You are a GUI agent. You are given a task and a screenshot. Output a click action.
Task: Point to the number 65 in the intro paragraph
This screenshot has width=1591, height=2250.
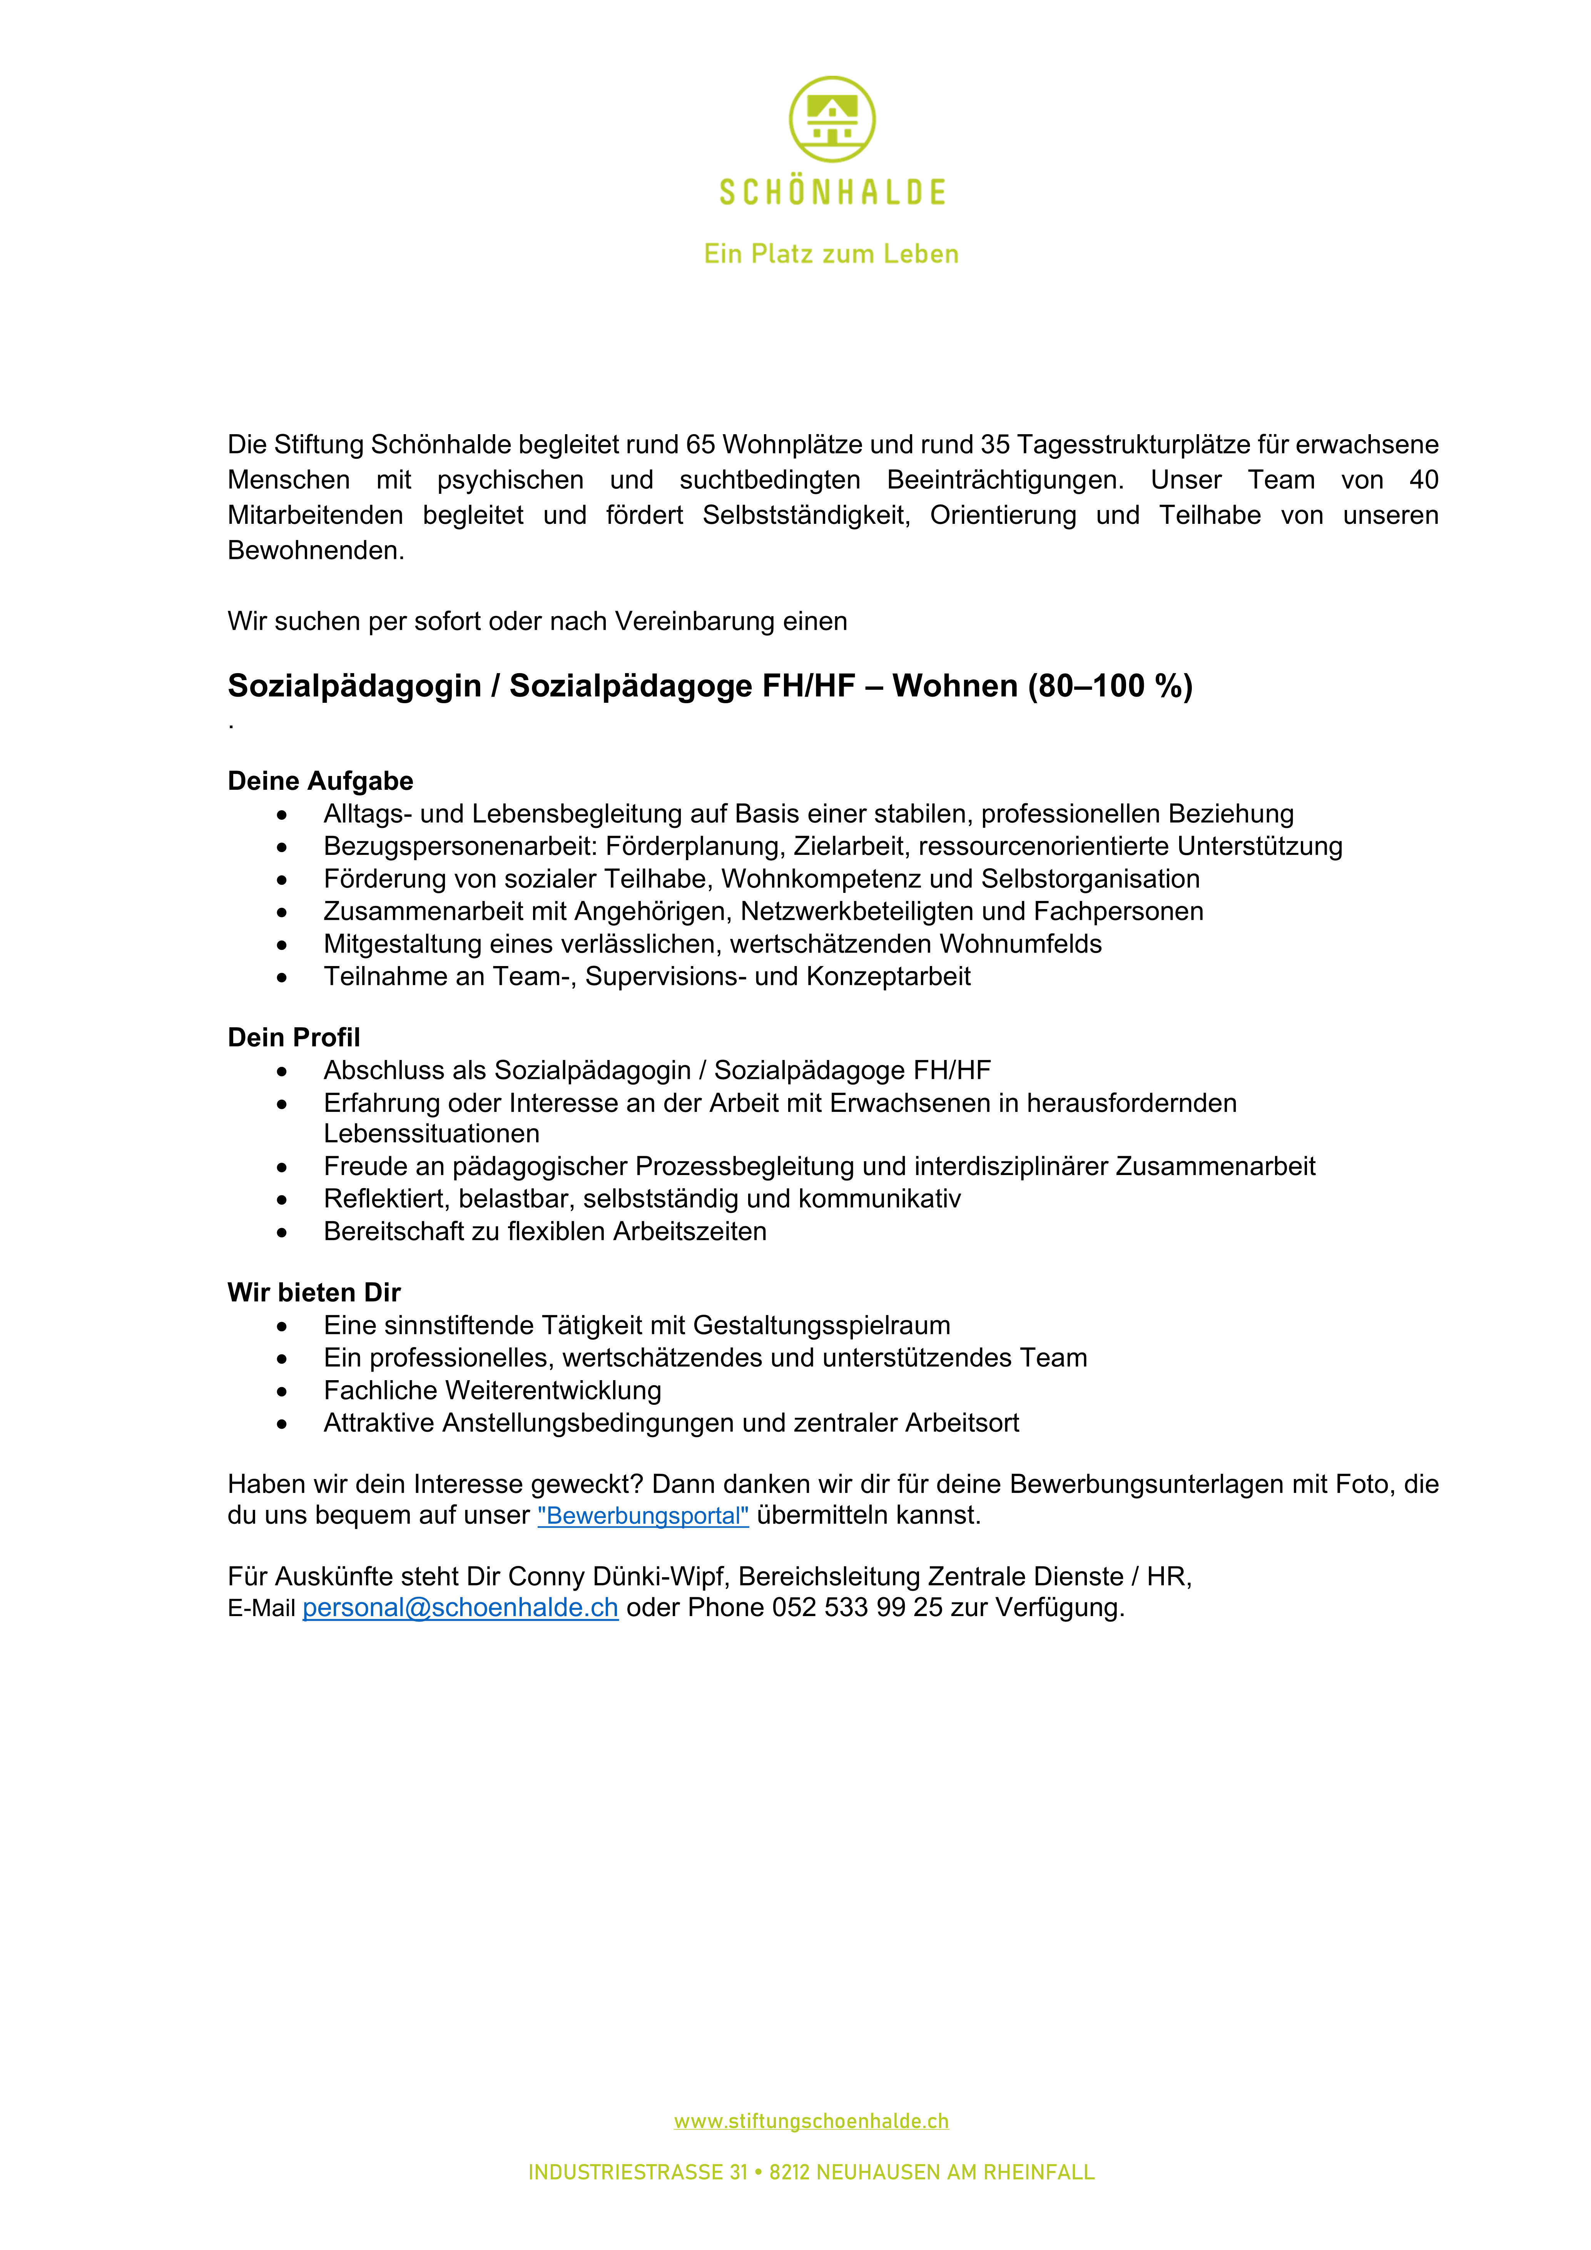coord(700,445)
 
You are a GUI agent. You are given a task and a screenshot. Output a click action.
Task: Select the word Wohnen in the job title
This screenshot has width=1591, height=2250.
coord(954,686)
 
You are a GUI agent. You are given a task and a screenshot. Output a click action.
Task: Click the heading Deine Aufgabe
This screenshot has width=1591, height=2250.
coord(320,781)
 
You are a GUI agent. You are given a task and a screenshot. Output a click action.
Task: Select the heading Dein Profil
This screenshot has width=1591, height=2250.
coord(294,1038)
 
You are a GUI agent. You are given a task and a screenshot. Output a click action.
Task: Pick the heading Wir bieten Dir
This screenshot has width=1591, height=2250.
coord(314,1292)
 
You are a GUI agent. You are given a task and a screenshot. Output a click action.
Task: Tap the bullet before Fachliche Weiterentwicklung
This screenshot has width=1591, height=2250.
coord(282,1392)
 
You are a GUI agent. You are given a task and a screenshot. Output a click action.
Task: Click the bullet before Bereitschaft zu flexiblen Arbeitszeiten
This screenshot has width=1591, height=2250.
coord(282,1233)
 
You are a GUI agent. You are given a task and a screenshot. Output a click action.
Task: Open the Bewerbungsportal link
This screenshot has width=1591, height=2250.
coord(643,1516)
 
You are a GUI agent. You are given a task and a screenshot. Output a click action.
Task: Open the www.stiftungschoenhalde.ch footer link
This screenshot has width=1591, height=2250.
coord(811,2121)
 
